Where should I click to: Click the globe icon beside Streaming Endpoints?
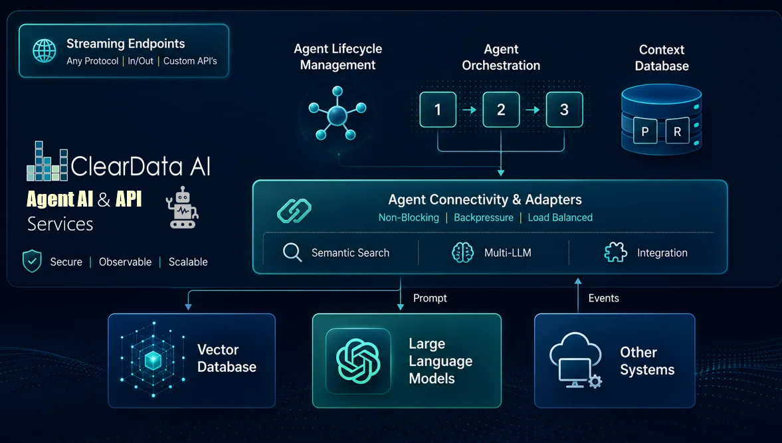pos(45,51)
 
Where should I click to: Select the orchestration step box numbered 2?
pos(501,110)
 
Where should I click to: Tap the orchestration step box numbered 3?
pos(564,110)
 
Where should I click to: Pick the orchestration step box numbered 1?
pos(437,110)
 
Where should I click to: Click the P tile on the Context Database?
pos(645,131)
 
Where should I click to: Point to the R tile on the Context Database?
pos(677,131)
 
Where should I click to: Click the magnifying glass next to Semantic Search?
pos(292,252)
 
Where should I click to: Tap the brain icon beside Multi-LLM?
pos(462,252)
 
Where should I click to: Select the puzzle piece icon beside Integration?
pos(615,252)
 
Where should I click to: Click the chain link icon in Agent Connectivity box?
pos(294,211)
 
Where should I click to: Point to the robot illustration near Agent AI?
pos(183,208)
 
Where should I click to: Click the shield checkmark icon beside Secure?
pos(32,261)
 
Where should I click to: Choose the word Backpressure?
pos(483,218)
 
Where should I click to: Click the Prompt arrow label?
pos(430,298)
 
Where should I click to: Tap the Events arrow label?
pos(603,298)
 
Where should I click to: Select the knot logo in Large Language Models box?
pos(358,361)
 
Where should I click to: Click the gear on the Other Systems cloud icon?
pos(595,382)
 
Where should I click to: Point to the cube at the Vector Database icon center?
pos(153,360)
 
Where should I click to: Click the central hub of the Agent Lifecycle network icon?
pos(337,116)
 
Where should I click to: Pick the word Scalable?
pos(188,262)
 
